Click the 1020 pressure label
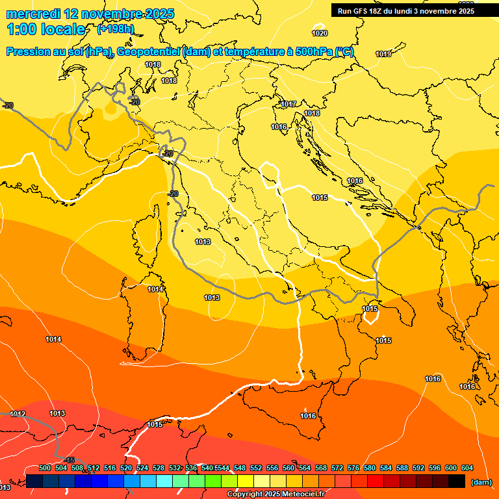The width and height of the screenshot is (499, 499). click(320, 33)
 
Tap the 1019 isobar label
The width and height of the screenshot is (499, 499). click(383, 54)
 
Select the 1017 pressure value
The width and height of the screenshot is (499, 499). click(289, 104)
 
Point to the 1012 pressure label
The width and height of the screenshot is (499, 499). click(18, 414)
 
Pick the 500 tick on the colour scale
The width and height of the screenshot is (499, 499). click(45, 468)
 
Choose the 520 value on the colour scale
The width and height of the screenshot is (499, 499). click(126, 468)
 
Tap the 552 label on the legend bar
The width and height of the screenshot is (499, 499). click(256, 468)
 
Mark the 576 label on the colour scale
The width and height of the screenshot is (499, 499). click(353, 468)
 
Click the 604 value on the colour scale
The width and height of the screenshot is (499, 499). click(467, 468)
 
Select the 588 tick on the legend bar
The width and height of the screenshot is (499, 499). click(402, 468)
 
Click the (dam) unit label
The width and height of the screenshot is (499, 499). click(481, 482)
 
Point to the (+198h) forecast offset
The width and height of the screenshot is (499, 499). click(115, 29)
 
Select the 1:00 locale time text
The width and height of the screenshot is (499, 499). click(46, 29)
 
